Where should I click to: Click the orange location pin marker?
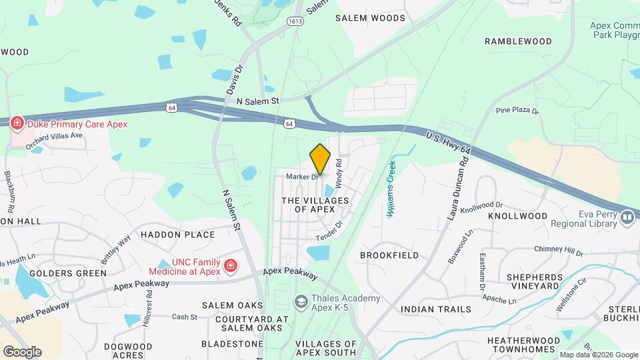pyautogui.click(x=320, y=159)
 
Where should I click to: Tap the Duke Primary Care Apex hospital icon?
pyautogui.click(x=17, y=123)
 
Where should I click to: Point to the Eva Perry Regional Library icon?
pyautogui.click(x=627, y=217)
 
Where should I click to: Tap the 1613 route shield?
pyautogui.click(x=296, y=21)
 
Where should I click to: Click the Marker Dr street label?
pyautogui.click(x=303, y=177)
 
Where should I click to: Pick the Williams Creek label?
pyautogui.click(x=391, y=188)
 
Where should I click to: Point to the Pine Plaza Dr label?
pyautogui.click(x=517, y=110)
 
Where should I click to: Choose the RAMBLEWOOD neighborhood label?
pyautogui.click(x=518, y=41)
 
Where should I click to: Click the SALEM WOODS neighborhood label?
pyautogui.click(x=370, y=18)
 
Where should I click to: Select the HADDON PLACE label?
pyautogui.click(x=177, y=235)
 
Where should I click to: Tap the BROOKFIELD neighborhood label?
pyautogui.click(x=389, y=255)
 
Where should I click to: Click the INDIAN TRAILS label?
pyautogui.click(x=436, y=309)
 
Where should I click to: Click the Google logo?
pyautogui.click(x=22, y=351)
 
